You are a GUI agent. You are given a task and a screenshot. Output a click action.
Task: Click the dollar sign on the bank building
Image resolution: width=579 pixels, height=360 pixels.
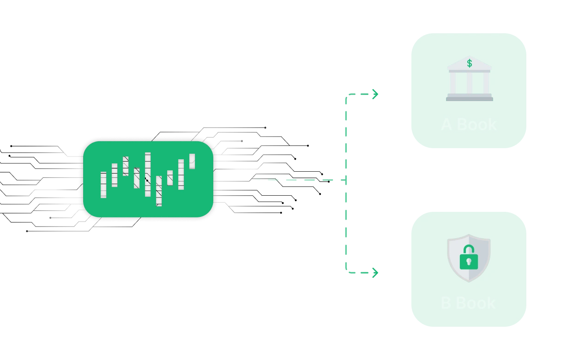pos(470,63)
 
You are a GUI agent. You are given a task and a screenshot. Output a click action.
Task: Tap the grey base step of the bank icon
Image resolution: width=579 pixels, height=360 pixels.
pos(469,98)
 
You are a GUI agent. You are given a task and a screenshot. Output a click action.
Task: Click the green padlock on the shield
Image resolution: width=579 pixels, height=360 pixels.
pos(469,260)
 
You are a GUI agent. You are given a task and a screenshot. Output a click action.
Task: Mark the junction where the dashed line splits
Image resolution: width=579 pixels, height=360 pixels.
pos(345,179)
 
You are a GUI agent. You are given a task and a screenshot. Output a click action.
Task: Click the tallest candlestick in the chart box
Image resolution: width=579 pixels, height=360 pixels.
pos(148,174)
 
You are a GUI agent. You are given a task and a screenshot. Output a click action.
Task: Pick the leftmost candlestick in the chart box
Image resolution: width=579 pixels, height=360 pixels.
pos(103,185)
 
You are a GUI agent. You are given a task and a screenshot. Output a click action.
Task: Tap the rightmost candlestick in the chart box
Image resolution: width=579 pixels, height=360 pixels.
pos(192,161)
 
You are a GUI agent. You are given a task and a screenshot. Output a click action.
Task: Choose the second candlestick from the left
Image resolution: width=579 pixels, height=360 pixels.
pos(115,175)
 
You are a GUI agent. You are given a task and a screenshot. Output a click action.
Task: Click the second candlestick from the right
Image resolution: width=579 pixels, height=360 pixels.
pos(181,174)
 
